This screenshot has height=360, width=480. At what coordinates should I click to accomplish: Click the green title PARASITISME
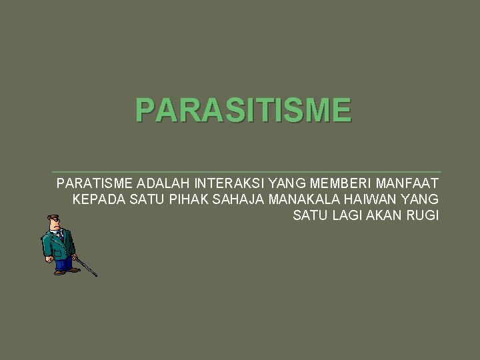point(243,110)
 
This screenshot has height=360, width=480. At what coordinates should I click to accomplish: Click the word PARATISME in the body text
point(95,183)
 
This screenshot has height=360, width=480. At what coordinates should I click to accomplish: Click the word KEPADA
point(95,199)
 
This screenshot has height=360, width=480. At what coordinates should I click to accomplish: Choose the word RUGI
point(423,215)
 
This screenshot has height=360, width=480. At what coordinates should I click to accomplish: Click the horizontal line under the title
point(247,172)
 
